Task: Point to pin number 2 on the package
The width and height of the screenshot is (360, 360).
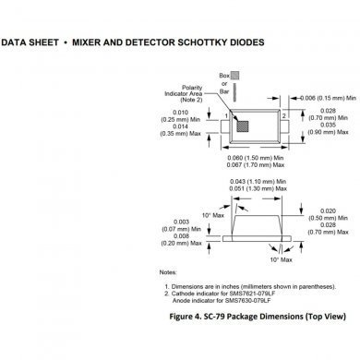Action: coord(283,115)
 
